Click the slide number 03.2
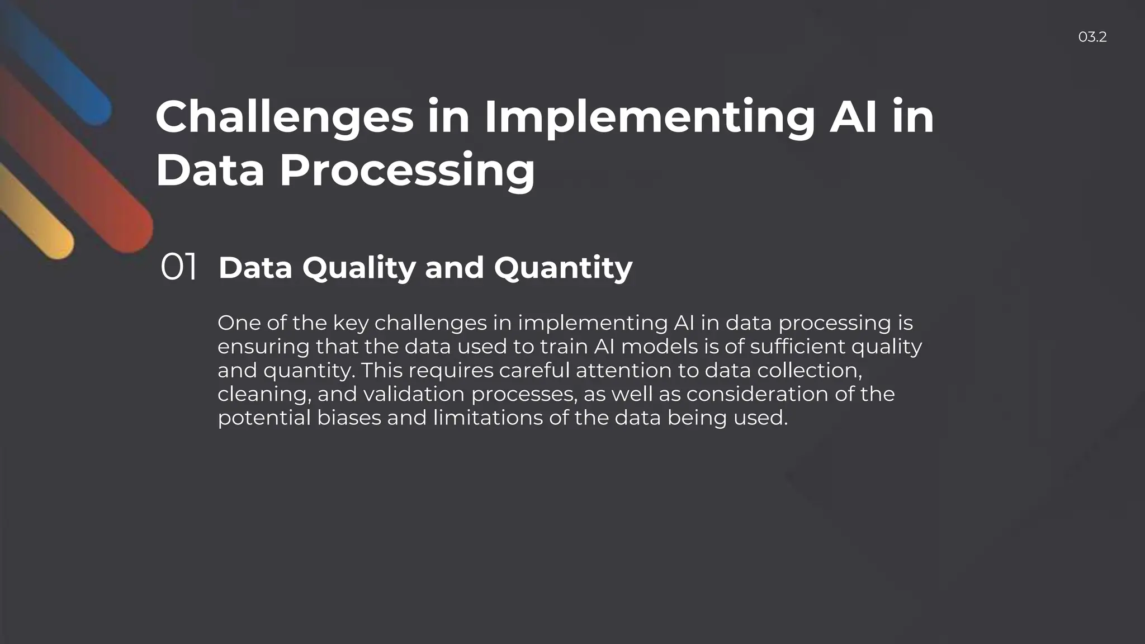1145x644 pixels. pos(1092,37)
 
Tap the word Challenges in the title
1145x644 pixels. pos(285,117)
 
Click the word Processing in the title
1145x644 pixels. pos(407,170)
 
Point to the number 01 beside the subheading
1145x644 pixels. pos(178,267)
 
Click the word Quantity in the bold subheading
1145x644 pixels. pos(563,268)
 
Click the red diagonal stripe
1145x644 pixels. pos(84,168)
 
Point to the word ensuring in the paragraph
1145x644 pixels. pos(263,347)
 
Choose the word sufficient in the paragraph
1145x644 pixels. pos(797,347)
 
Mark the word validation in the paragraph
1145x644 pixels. pos(414,394)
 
